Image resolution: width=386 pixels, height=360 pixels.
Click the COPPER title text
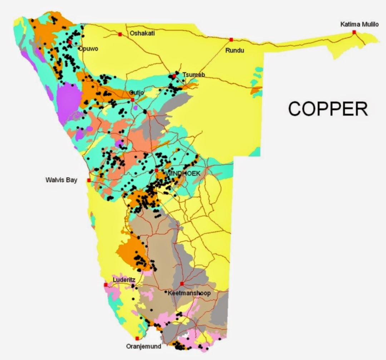328,108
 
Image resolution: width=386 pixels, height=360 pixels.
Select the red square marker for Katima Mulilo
354,32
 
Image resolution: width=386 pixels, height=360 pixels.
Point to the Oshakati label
142,33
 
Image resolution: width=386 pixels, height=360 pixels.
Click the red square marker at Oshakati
120,34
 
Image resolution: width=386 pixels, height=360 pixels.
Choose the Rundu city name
234,50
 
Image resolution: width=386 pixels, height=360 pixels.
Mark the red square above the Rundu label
231,39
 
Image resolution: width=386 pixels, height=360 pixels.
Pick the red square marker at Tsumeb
174,76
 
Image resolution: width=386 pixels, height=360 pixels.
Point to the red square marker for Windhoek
157,170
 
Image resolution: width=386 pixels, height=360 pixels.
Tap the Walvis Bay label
61,180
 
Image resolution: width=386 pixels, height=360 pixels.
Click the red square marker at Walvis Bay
89,180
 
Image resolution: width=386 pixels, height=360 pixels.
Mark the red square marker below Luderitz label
106,285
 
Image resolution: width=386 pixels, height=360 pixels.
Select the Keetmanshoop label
189,293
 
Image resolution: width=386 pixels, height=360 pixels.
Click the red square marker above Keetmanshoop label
182,284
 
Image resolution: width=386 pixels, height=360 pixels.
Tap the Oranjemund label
144,346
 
